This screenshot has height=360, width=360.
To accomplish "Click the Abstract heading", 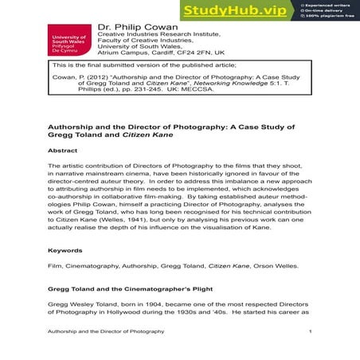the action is (x=63, y=149).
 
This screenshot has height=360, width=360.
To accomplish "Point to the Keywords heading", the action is (x=65, y=250).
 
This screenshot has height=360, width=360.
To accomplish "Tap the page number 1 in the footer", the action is (x=310, y=331).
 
